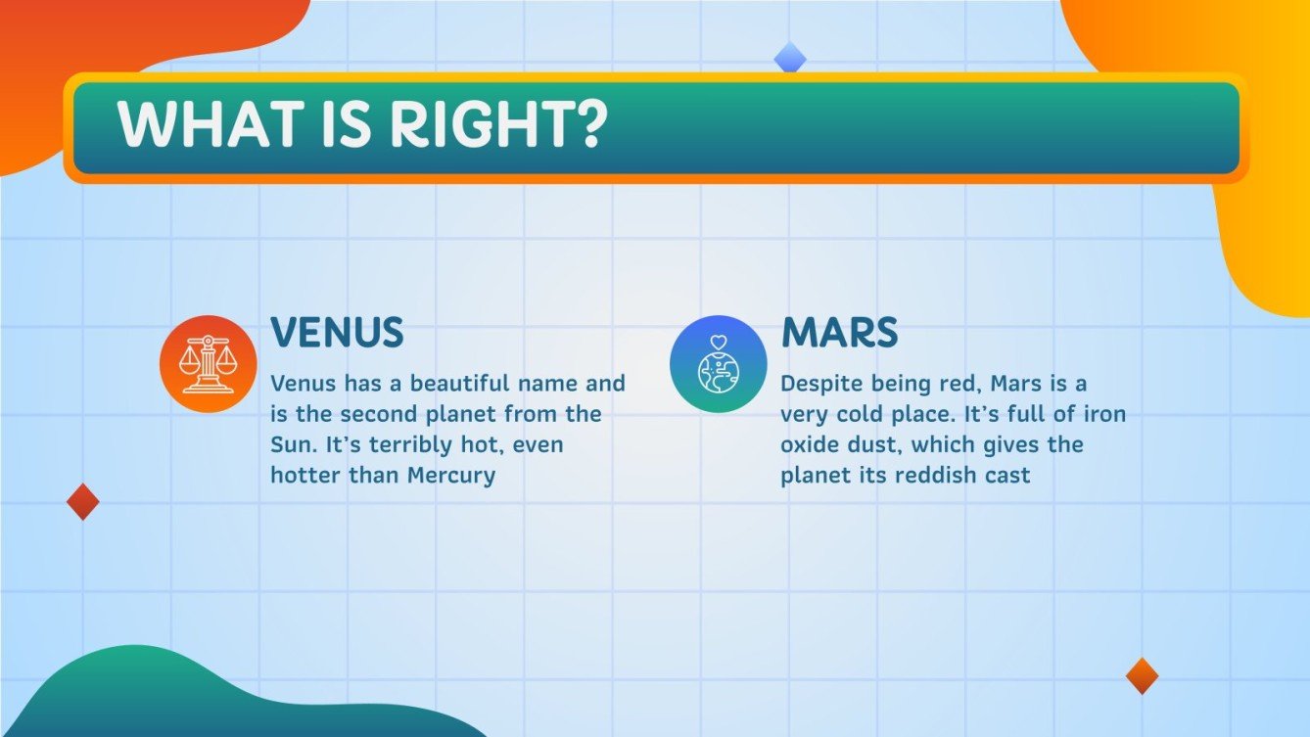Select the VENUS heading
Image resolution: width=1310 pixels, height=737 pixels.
[x=337, y=334]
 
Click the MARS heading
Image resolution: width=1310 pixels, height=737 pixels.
[x=839, y=334]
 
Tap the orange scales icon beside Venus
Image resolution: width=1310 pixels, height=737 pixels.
[x=208, y=364]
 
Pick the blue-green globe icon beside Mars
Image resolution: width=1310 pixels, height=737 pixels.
[x=718, y=364]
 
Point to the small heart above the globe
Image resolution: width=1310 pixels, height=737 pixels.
[x=718, y=343]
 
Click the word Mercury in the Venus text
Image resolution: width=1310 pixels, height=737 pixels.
[x=446, y=476]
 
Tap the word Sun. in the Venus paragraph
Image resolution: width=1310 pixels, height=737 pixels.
[x=294, y=444]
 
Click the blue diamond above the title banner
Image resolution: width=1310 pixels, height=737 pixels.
[x=790, y=59]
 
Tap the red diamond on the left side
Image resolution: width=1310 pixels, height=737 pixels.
[x=83, y=502]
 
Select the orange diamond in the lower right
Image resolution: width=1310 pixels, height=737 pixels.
[x=1142, y=676]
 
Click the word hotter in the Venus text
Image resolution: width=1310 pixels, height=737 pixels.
[x=303, y=476]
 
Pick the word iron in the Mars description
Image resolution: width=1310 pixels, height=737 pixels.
[x=1104, y=414]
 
